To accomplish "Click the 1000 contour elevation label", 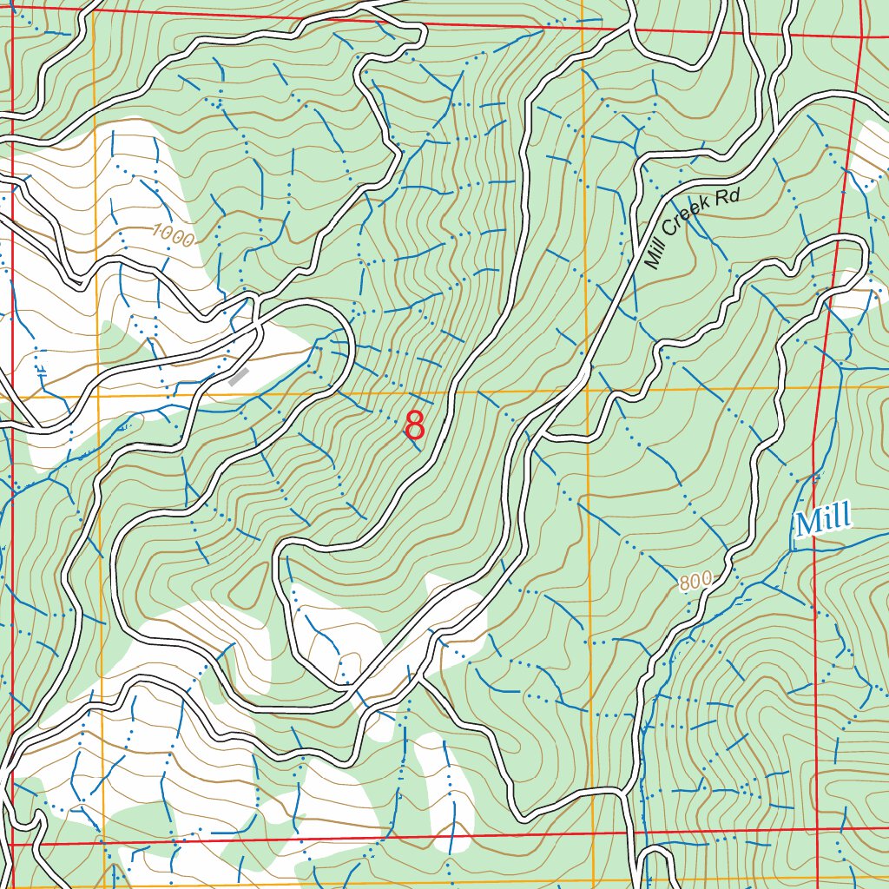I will [x=173, y=234].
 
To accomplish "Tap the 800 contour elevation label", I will [x=695, y=581].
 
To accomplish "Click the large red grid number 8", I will [x=415, y=426].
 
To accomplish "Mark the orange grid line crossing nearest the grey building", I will [x=98, y=395].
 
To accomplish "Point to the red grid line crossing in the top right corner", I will [x=861, y=36].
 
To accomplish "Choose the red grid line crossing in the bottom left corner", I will [x=13, y=843].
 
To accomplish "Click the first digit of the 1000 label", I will [x=157, y=229].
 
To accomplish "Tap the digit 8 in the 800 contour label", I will [x=686, y=583].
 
